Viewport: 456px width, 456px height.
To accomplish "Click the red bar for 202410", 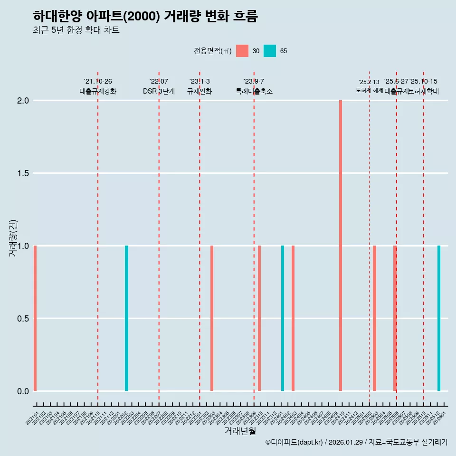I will tap(341, 246).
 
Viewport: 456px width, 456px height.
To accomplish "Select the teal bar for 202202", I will tap(126, 318).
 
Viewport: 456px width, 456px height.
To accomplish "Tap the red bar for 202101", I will tap(35, 318).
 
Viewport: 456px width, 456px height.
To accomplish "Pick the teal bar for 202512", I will tap(439, 318).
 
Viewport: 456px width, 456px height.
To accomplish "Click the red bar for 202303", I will tap(212, 318).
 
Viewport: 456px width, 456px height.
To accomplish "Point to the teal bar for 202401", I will tap(283, 318).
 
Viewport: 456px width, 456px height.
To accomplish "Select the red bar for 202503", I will tap(374, 318).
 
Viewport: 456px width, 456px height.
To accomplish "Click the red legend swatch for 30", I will tap(242, 51).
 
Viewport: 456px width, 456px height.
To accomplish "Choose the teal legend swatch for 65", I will tap(270, 51).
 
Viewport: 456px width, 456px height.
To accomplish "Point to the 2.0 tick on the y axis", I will tap(24, 101).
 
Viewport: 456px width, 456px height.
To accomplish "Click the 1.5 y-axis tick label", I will tap(24, 173).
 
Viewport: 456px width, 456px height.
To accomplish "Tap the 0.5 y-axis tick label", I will tap(24, 319).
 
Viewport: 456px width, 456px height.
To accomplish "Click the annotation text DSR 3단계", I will tap(159, 92).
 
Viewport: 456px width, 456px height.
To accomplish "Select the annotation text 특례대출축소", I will tap(254, 92).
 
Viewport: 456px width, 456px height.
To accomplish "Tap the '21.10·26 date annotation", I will tap(98, 82).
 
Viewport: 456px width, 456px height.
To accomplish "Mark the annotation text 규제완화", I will tap(199, 92).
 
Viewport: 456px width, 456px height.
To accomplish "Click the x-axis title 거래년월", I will tap(240, 431).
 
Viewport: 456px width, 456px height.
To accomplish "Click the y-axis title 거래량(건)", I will tap(13, 238).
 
